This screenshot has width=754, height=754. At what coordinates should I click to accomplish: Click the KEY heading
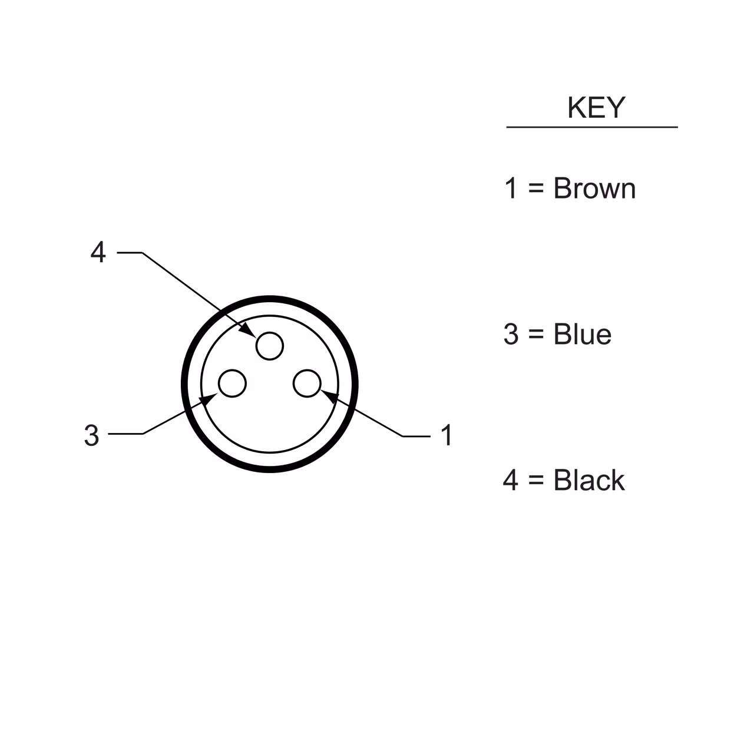point(596,108)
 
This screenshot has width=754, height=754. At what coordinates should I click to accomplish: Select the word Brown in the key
point(594,188)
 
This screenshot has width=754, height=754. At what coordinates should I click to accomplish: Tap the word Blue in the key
point(582,334)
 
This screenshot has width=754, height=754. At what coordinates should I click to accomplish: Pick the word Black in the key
point(588,480)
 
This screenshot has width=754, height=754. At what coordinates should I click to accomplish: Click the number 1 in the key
point(511,188)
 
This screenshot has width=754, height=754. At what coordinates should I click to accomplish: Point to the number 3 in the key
point(511,334)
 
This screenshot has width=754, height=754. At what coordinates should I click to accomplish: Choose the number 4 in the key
point(511,480)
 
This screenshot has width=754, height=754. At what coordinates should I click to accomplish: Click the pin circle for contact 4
point(270,346)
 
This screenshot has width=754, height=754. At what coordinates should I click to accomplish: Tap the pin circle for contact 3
point(232,383)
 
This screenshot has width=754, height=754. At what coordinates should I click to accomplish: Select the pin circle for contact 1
point(307,383)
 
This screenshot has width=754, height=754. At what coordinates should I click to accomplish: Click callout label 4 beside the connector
point(98,252)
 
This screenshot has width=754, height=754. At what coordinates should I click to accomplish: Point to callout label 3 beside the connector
point(91,435)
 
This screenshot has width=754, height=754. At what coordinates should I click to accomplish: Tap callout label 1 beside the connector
point(447,435)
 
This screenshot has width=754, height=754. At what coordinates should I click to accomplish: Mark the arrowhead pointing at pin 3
point(208,399)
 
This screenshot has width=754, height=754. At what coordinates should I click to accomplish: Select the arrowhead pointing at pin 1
point(329,394)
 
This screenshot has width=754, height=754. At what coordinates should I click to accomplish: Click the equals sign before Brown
point(536,188)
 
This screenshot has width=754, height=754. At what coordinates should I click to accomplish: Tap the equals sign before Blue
point(536,334)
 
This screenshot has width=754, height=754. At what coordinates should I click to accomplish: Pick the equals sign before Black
point(536,480)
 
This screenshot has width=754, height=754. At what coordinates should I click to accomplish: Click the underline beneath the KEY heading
point(592,127)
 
